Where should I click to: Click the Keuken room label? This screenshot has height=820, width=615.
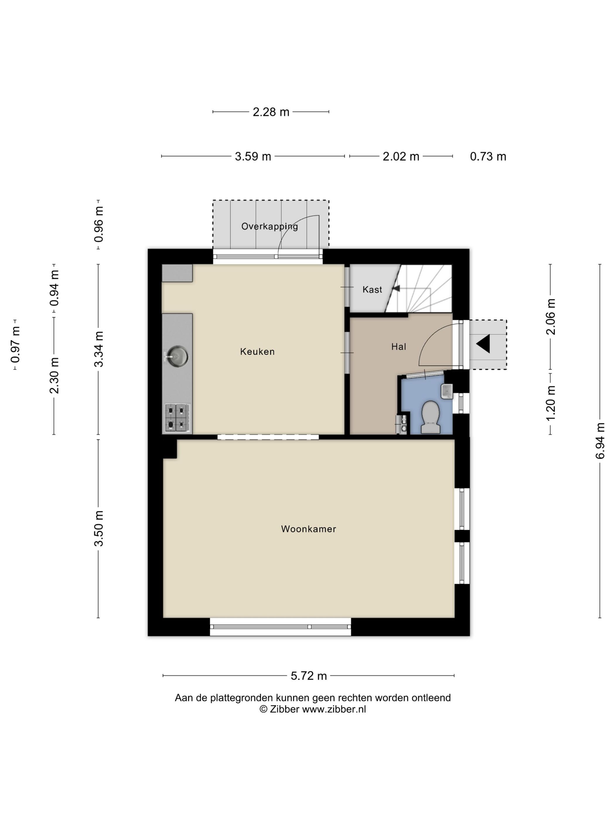257,351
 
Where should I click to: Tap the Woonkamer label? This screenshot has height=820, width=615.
308,529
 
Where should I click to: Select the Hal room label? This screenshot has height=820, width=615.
399,347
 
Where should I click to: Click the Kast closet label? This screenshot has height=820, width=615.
372,290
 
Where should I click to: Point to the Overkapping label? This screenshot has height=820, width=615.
269,226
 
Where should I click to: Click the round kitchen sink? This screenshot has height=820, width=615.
177,356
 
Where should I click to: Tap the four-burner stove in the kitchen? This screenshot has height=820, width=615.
177,418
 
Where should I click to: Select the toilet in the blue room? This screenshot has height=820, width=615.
431,417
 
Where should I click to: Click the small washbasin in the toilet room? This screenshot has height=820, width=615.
447,391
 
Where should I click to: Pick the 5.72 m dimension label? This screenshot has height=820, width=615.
308,676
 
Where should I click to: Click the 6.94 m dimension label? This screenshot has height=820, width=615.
600,441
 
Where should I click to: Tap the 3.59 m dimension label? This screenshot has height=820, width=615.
253,156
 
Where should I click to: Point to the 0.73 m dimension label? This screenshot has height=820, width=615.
488,156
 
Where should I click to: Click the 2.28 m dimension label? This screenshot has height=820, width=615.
271,112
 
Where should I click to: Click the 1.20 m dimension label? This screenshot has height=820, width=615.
551,403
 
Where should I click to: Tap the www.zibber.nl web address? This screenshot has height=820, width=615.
334,709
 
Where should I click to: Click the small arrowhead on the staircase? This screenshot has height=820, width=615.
396,288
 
